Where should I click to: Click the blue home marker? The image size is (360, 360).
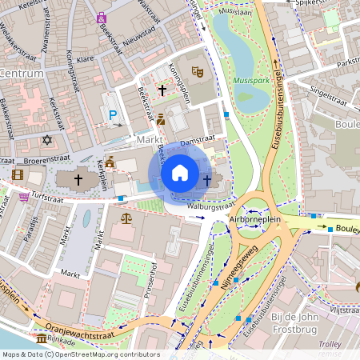point(180,172)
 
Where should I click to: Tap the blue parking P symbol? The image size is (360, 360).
point(114,116)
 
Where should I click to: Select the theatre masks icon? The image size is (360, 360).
point(198,72)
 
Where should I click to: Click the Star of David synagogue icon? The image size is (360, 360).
point(46,140)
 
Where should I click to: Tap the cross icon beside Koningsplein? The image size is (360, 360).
point(162,91)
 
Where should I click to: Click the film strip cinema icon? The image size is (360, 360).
point(18,174)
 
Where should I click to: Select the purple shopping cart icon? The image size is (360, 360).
point(24,196)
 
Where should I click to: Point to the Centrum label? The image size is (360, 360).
point(22,73)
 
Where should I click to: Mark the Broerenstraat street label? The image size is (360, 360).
point(44,160)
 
